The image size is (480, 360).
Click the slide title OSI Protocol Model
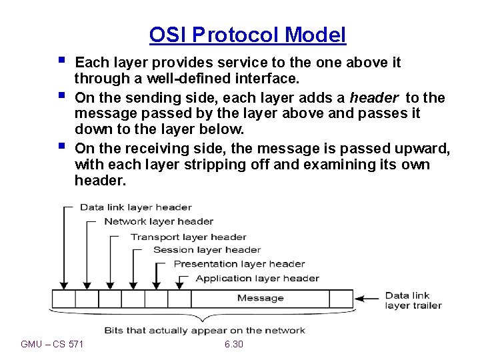point(247,35)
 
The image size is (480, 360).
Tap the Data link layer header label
point(135,207)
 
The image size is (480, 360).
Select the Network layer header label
point(159,221)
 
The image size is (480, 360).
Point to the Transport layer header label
point(188,237)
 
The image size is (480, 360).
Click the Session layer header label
point(207,250)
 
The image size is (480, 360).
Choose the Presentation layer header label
point(239,264)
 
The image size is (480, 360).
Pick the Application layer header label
point(257,278)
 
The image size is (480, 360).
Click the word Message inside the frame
point(260,298)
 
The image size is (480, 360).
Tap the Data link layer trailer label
point(413,301)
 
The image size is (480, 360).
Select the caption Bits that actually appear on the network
point(204,330)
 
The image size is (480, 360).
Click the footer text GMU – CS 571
point(53,344)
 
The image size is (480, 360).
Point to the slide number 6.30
point(234,344)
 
